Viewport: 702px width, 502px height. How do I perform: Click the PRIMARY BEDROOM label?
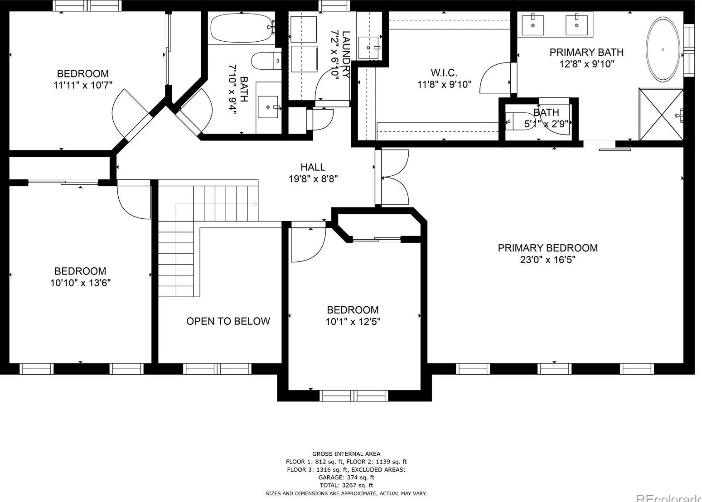click(x=548, y=248)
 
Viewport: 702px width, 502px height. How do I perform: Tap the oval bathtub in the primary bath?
click(x=663, y=49)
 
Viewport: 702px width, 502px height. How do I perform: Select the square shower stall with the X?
click(x=661, y=114)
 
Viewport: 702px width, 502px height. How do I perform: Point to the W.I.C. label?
click(x=444, y=72)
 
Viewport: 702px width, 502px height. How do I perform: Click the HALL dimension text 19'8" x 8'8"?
click(x=313, y=179)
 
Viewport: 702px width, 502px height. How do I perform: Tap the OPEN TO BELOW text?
click(x=228, y=321)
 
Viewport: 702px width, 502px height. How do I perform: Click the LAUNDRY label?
click(x=346, y=54)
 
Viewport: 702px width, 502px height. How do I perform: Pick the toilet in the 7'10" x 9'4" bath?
click(x=266, y=61)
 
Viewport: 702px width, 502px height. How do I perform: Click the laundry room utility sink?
click(x=368, y=48)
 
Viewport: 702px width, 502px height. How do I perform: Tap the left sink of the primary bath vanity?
click(x=533, y=25)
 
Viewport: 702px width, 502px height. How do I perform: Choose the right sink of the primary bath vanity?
click(x=576, y=25)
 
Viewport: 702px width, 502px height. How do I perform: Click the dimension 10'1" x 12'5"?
click(x=353, y=322)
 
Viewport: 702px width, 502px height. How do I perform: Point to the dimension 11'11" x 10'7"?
click(x=83, y=85)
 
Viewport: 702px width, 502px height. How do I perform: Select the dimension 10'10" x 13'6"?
click(x=81, y=283)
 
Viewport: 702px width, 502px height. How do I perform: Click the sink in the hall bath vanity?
click(x=268, y=107)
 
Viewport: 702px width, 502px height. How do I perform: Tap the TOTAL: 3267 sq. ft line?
click(x=346, y=485)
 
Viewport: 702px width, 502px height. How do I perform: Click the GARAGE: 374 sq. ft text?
click(x=346, y=478)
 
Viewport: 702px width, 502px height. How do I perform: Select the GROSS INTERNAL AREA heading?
click(x=346, y=454)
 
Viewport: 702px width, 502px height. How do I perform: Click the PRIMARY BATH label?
click(x=587, y=52)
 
